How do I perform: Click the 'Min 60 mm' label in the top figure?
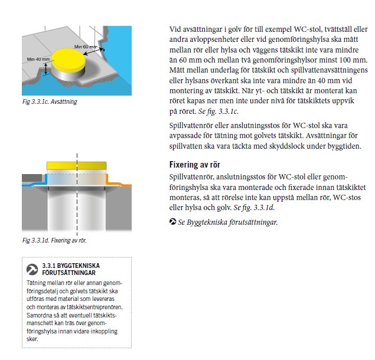84,46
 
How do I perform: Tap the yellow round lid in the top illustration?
69,60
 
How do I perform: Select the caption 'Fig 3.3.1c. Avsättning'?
50,102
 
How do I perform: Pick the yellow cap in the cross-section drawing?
76,165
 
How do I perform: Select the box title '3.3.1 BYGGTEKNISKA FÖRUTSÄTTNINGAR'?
71,270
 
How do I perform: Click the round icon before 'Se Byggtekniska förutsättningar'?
172,222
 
